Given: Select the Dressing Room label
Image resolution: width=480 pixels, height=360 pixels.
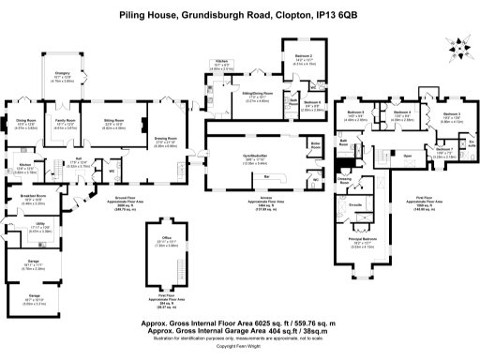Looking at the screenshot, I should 344,177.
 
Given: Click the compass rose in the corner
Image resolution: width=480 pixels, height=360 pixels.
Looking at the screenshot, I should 462,43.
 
